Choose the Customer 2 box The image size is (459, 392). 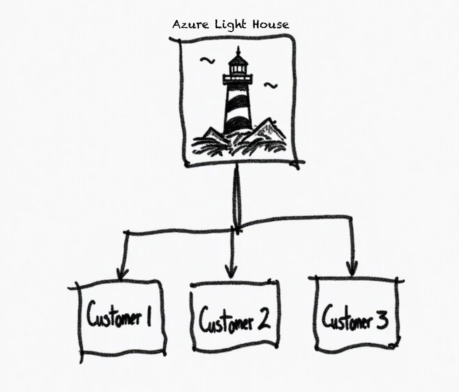point(234,318)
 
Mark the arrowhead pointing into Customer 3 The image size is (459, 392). point(352,269)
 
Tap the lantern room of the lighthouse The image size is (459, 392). point(238,69)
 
